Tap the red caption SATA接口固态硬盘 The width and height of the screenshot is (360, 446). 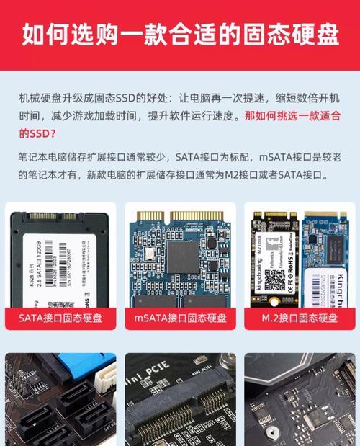pos(61,317)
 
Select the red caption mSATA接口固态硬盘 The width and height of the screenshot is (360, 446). pos(180,317)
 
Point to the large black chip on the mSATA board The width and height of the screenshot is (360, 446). pos(182,256)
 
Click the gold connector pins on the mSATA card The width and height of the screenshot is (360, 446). pos(180,215)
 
